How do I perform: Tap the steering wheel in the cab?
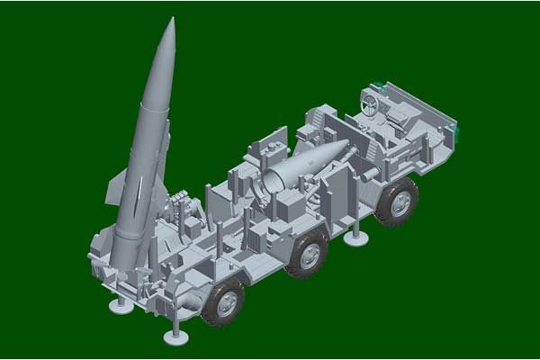(x=368, y=103)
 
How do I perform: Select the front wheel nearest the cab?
(x=395, y=200)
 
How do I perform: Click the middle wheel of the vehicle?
(x=307, y=255)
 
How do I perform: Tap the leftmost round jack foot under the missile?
(x=121, y=305)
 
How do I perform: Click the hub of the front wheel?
(x=397, y=201)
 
